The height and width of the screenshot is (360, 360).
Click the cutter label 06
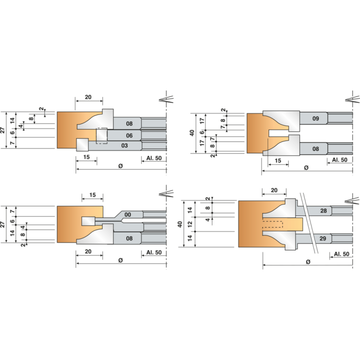(x=129, y=135)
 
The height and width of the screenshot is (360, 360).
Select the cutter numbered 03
(x=124, y=145)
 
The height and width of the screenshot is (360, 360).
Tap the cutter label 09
(x=315, y=118)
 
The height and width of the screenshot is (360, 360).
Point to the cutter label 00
(x=127, y=214)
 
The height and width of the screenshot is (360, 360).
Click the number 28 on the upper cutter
(x=323, y=211)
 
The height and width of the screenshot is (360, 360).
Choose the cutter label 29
(x=323, y=238)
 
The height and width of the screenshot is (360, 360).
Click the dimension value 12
(x=190, y=224)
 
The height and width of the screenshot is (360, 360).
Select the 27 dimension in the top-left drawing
(x=2, y=130)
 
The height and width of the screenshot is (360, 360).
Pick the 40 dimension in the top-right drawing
(x=192, y=133)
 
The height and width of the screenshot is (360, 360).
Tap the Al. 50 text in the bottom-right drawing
(x=341, y=254)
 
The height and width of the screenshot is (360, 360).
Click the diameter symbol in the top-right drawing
(x=306, y=168)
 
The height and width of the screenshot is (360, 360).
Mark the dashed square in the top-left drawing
(x=101, y=136)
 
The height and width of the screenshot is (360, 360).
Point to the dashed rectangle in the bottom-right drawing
(x=272, y=224)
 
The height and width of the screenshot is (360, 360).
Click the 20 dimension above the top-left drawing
(x=88, y=97)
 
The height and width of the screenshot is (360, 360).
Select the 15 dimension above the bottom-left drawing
(x=92, y=195)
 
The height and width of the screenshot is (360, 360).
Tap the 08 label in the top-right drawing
(x=315, y=149)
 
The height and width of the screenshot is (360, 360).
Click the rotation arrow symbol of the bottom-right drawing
(x=352, y=200)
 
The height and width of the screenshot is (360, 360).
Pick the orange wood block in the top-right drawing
(x=255, y=133)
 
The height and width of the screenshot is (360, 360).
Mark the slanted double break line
(x=309, y=223)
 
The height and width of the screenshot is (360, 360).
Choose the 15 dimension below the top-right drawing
(x=278, y=160)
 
